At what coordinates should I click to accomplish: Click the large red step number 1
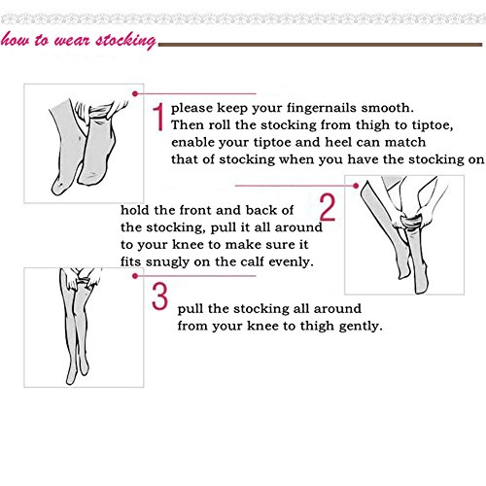click(x=159, y=117)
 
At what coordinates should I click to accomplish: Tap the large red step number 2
click(x=328, y=207)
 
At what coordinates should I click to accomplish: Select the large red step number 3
click(x=159, y=295)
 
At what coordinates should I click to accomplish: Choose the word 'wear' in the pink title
click(x=72, y=41)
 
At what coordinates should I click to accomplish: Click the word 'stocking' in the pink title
click(x=125, y=41)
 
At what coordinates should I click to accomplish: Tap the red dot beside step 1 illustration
click(x=135, y=93)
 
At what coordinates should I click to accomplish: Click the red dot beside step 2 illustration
click(x=356, y=186)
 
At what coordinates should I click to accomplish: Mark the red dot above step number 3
click(x=135, y=276)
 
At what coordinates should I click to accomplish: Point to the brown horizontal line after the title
click(x=320, y=45)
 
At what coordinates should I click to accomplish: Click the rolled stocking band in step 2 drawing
click(x=411, y=222)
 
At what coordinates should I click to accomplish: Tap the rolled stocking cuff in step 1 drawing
click(x=100, y=112)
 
